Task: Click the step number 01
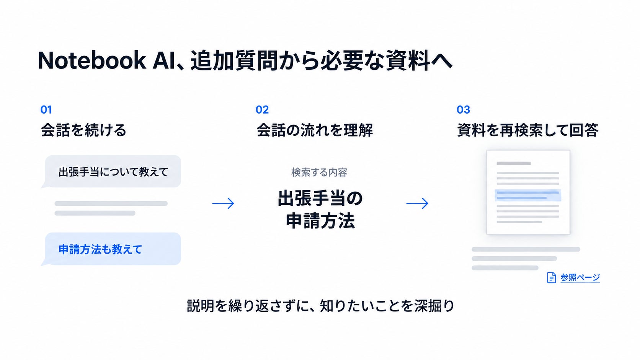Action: coord(46,110)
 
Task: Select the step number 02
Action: coord(262,110)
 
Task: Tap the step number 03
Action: coord(463,110)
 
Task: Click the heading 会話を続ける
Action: coord(83,130)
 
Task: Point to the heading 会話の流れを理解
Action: coord(315,130)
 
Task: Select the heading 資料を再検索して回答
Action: coord(528,130)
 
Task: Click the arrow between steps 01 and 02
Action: coord(223,203)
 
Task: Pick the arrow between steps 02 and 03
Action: coord(417,203)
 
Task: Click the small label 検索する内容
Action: coord(319,173)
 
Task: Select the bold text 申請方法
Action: coord(320,221)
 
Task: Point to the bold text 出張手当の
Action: coord(320,199)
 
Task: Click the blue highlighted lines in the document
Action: coord(528,195)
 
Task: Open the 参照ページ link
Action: coord(580,277)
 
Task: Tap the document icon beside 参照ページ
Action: coord(552,277)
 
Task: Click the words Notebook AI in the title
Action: coord(106,60)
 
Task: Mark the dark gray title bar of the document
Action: coord(513,164)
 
